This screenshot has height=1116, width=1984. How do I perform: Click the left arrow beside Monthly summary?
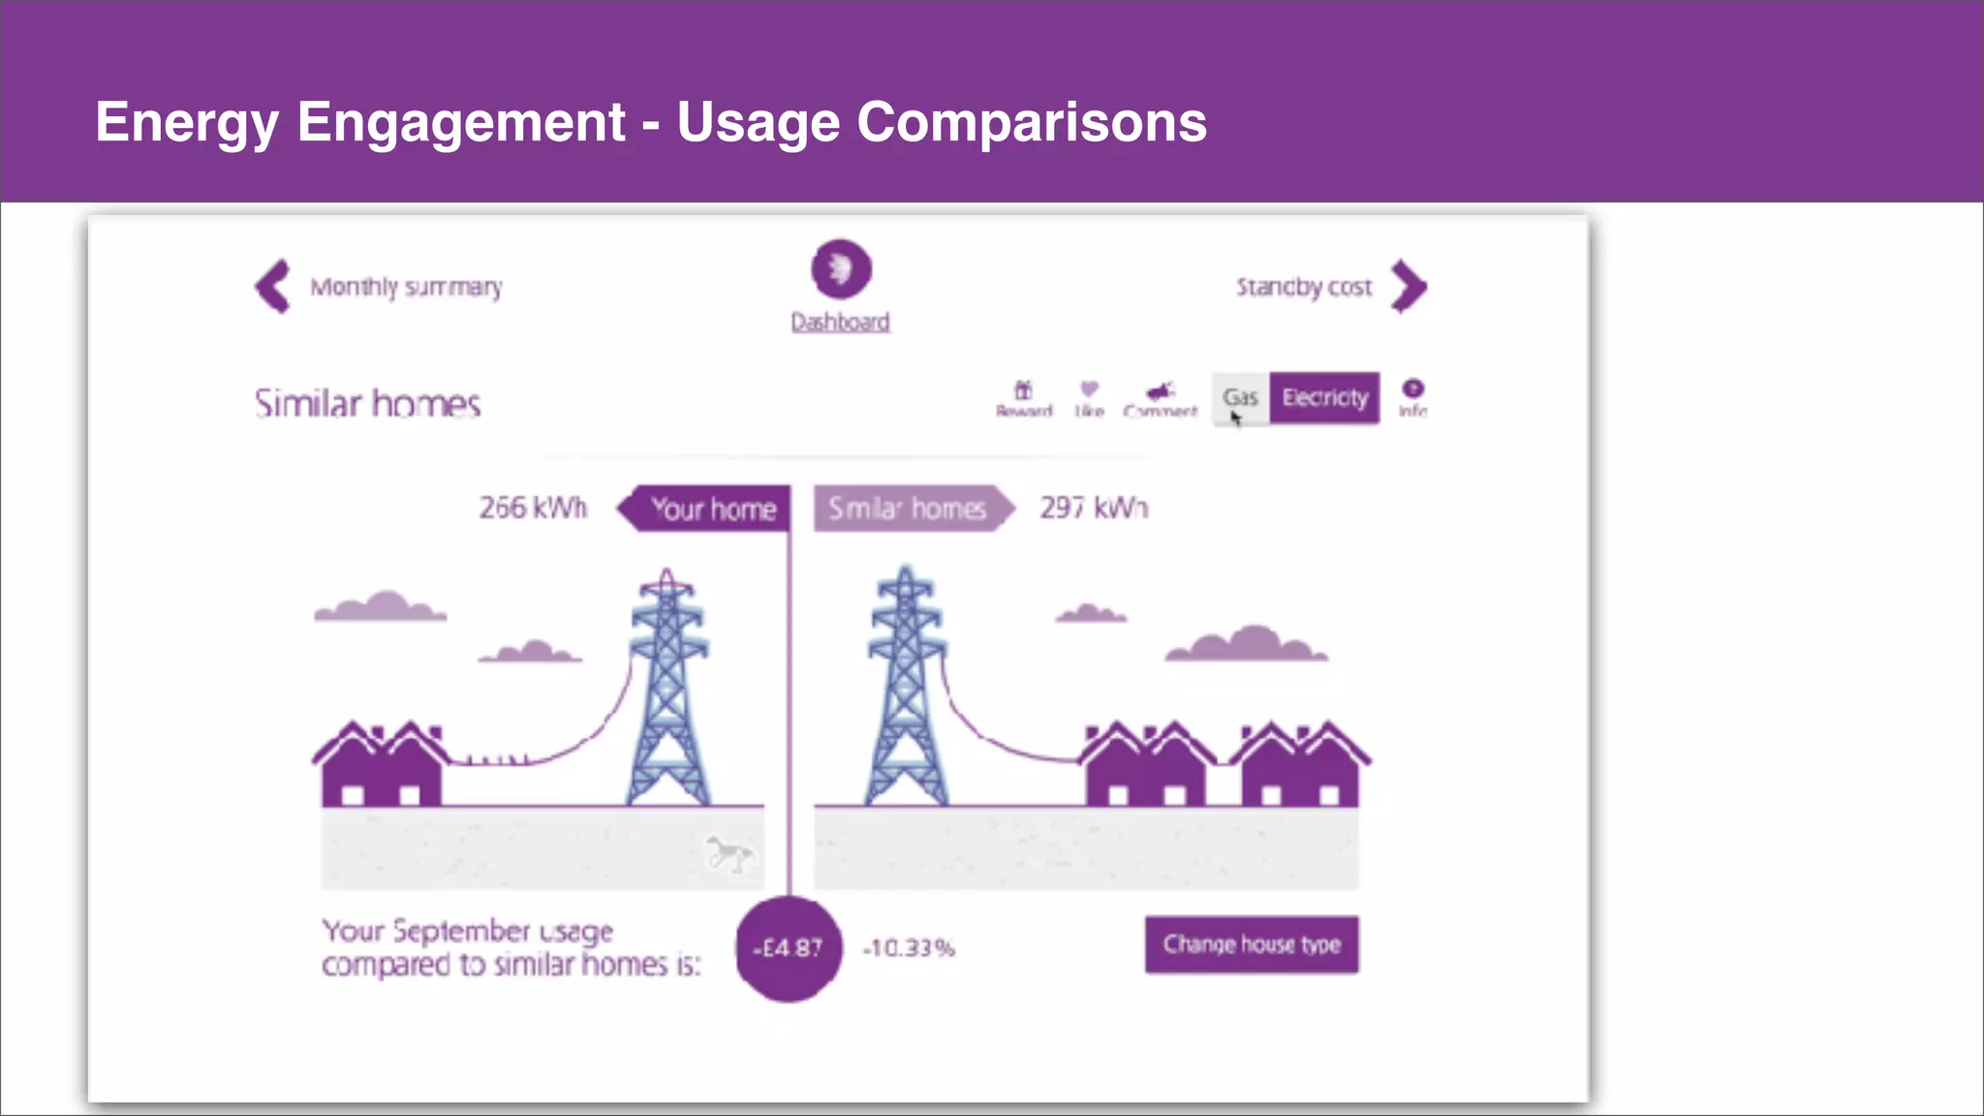coord(273,287)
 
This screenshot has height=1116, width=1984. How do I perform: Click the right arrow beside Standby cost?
coord(1409,287)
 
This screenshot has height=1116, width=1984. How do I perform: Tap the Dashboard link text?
coord(840,323)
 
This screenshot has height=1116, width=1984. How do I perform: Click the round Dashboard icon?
coord(841,269)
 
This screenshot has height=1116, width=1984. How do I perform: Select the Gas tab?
coord(1240,398)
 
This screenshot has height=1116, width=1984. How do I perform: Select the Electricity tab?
coord(1324,398)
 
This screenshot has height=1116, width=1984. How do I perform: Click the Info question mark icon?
coord(1413,388)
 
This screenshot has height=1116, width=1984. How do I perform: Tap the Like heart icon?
coord(1089,389)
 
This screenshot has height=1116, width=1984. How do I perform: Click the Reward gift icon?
coord(1023,390)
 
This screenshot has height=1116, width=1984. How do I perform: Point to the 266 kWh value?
coord(533,508)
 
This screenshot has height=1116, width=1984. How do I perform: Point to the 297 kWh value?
coord(1094,508)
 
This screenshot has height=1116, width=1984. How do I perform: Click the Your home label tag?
coord(711,509)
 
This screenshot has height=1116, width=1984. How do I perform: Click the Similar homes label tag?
coord(908,509)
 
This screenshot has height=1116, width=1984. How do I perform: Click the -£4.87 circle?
coord(789,948)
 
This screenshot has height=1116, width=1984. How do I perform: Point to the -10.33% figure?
coord(909,948)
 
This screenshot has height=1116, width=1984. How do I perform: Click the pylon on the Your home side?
coord(667,688)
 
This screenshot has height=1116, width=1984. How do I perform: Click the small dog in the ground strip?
coord(729,853)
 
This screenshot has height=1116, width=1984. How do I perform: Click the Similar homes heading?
coord(367,403)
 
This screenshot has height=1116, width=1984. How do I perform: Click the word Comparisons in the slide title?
coord(1031,122)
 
